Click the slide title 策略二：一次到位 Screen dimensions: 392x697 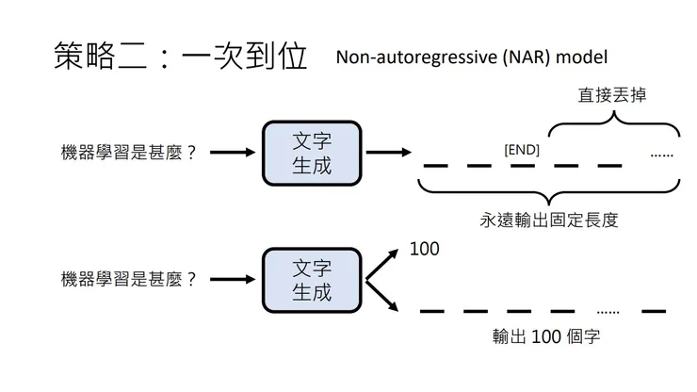point(180,57)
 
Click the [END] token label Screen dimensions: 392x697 point(522,149)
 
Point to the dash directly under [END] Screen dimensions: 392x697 point(524,166)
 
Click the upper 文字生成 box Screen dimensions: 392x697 point(312,152)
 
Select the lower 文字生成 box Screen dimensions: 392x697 point(312,280)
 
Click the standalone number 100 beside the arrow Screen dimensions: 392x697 point(425,250)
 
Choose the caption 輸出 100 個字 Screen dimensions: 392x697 point(546,337)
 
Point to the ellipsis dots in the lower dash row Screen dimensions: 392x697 point(608,309)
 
